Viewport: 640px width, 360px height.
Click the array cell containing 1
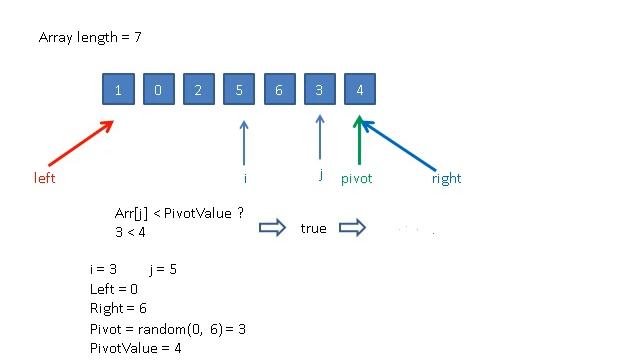(x=119, y=90)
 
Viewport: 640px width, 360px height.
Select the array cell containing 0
(x=159, y=90)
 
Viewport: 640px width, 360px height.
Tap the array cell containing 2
(x=199, y=90)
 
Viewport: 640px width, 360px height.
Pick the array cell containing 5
(x=239, y=90)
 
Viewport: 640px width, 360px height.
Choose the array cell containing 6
(x=279, y=90)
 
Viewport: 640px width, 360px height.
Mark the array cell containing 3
(x=319, y=90)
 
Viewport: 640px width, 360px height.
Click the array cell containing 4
(x=359, y=90)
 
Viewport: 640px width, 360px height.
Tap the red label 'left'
(x=44, y=178)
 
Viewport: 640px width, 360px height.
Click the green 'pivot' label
(x=358, y=179)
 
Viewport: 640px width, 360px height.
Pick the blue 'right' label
(x=446, y=179)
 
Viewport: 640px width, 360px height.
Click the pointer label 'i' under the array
(x=245, y=178)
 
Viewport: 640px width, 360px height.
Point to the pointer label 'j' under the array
(x=320, y=175)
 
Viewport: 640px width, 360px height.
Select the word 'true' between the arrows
(x=313, y=228)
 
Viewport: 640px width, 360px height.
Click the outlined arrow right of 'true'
(x=352, y=228)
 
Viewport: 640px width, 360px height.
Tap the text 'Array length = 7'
(x=94, y=38)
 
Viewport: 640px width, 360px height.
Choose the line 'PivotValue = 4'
(x=135, y=348)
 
